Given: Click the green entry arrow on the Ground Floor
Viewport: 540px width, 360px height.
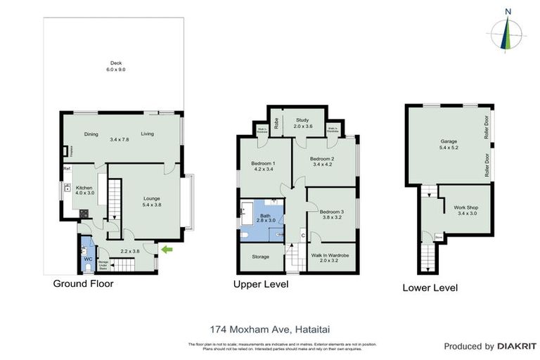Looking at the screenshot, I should click(x=167, y=249).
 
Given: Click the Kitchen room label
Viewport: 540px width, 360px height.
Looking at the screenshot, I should click(x=84, y=191).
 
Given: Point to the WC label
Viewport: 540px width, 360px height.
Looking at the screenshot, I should click(x=88, y=259).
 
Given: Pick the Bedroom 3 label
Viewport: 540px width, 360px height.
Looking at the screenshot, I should click(x=331, y=214).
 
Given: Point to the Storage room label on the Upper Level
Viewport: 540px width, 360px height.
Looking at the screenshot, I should click(x=261, y=257).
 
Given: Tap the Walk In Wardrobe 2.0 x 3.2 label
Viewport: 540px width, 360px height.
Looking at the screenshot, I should click(x=329, y=257).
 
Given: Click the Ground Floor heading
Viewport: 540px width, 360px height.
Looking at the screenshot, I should click(x=83, y=284).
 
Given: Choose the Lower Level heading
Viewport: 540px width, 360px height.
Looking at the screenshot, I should click(x=430, y=288).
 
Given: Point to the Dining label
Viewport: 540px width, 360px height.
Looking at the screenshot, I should click(x=91, y=134).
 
